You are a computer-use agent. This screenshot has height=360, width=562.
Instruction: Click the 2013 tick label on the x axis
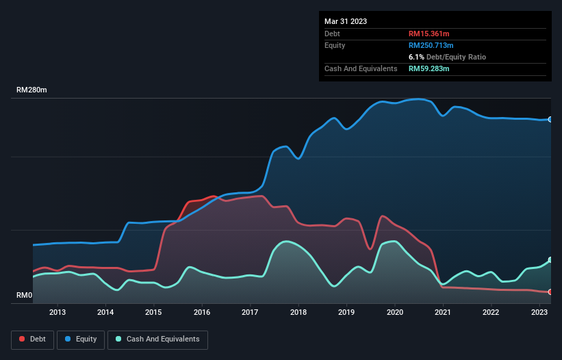tap(58, 313)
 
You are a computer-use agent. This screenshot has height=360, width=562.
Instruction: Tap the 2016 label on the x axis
tap(202, 313)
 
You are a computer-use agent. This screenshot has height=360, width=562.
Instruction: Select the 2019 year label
tap(346, 313)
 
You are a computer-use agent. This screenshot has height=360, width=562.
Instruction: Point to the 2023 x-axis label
tap(539, 313)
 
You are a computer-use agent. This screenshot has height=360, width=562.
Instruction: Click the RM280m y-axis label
tap(32, 90)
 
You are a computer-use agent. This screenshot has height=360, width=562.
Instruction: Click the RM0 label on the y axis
tap(25, 296)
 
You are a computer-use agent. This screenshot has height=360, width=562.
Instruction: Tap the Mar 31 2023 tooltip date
tap(346, 21)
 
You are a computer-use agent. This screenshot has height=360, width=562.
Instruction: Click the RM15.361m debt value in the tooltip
tap(429, 34)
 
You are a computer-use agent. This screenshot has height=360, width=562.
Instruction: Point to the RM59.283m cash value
tap(429, 68)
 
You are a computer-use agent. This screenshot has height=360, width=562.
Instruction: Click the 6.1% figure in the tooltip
tap(416, 57)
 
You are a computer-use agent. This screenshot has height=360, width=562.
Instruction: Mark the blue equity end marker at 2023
tap(550, 119)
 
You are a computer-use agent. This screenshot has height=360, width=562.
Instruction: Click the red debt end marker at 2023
tap(550, 292)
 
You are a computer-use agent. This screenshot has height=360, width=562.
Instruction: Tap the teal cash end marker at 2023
tap(550, 260)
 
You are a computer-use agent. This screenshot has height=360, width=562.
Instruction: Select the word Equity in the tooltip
tap(335, 45)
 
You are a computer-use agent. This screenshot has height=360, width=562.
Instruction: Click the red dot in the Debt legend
tap(23, 339)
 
